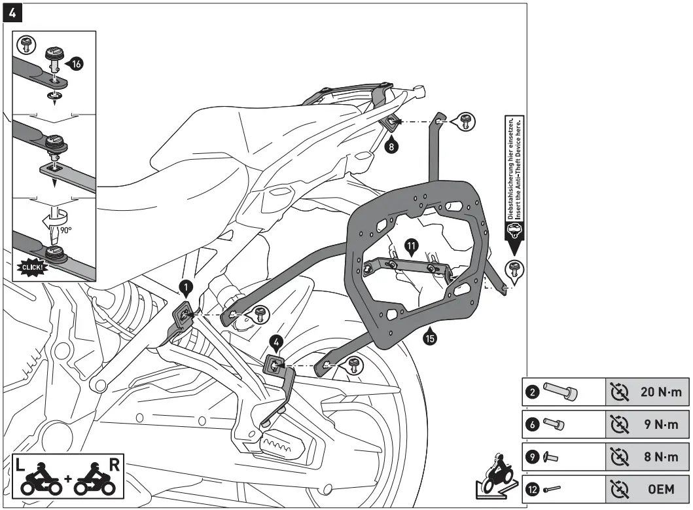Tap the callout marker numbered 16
tap(76, 64)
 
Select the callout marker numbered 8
tap(391, 147)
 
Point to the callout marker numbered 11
tap(411, 247)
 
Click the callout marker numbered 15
tap(430, 338)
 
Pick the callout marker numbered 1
tap(187, 286)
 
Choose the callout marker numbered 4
tap(277, 342)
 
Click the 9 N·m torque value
tap(663, 424)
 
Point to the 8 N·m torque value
tap(663, 456)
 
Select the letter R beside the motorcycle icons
tap(113, 466)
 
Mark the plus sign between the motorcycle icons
tap(67, 487)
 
